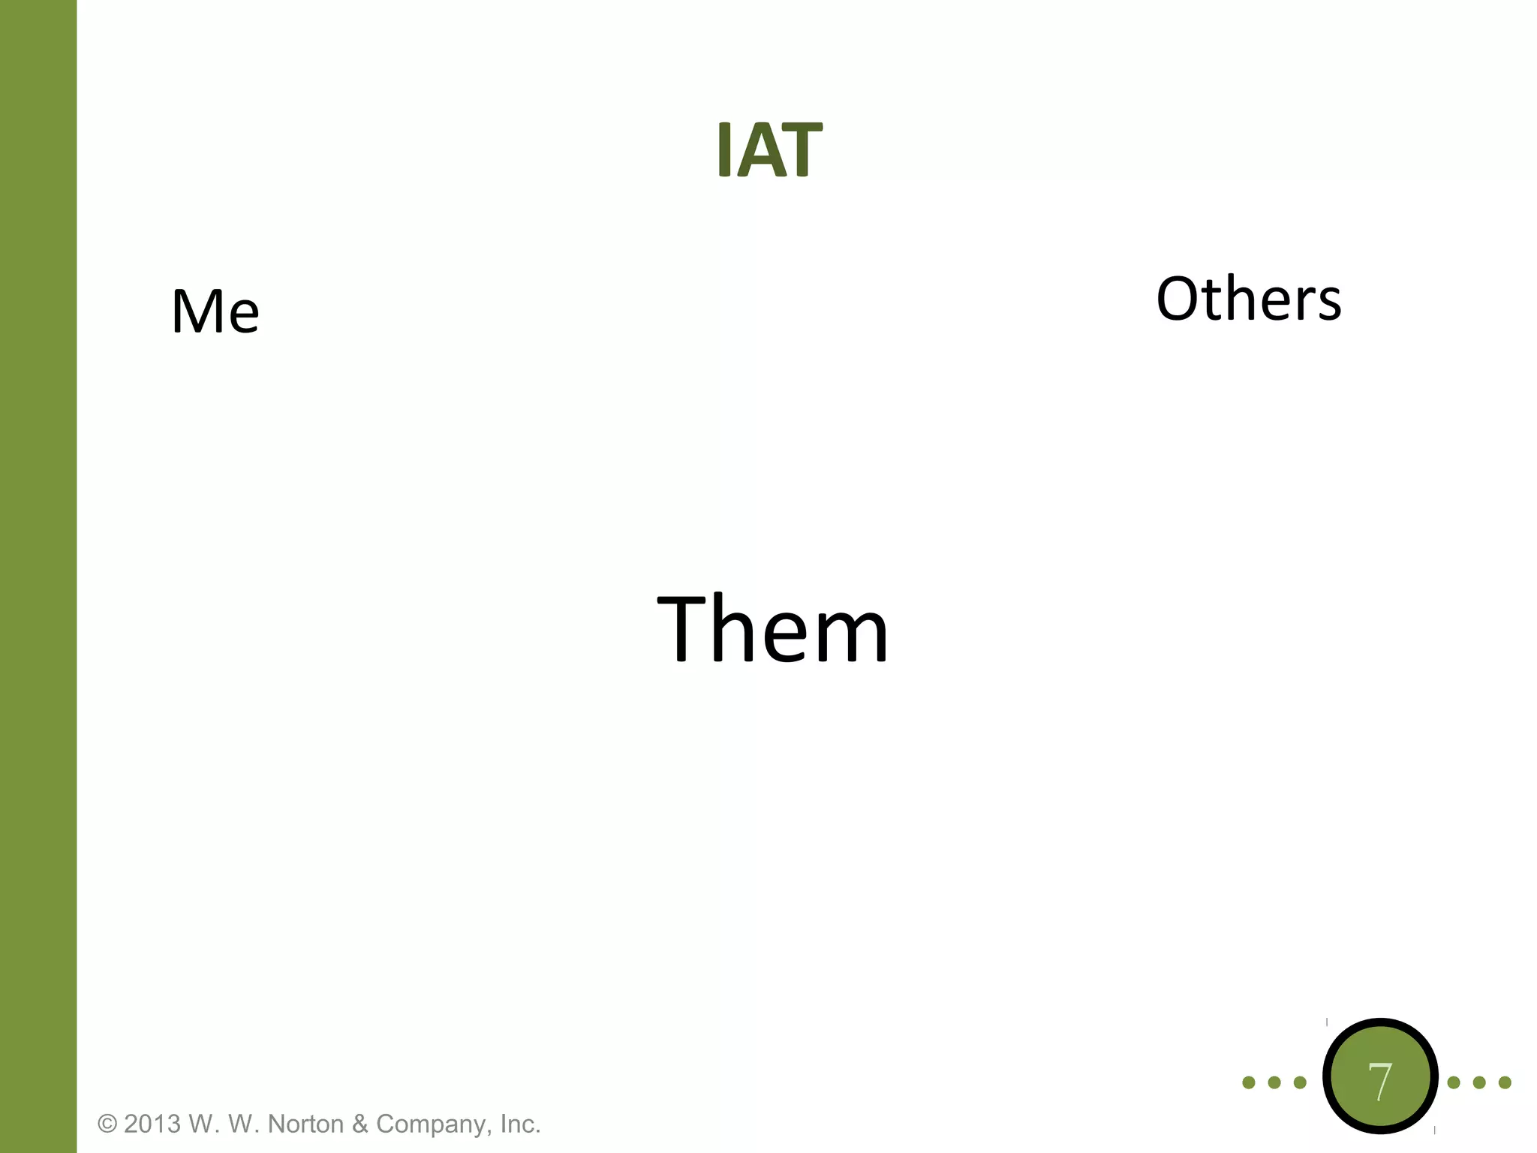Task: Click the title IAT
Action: click(x=769, y=150)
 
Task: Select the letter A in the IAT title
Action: click(x=765, y=151)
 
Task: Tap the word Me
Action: click(x=215, y=311)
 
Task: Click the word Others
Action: click(x=1249, y=299)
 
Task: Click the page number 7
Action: click(x=1379, y=1082)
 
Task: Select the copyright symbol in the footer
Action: click(x=108, y=1124)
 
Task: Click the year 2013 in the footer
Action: click(x=152, y=1124)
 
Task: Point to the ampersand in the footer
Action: click(x=360, y=1124)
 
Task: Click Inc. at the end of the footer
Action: click(x=520, y=1124)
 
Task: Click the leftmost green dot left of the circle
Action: click(x=1249, y=1082)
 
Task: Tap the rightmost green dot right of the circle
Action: click(x=1505, y=1082)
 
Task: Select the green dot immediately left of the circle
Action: click(x=1300, y=1082)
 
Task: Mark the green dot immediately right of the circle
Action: click(x=1454, y=1082)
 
